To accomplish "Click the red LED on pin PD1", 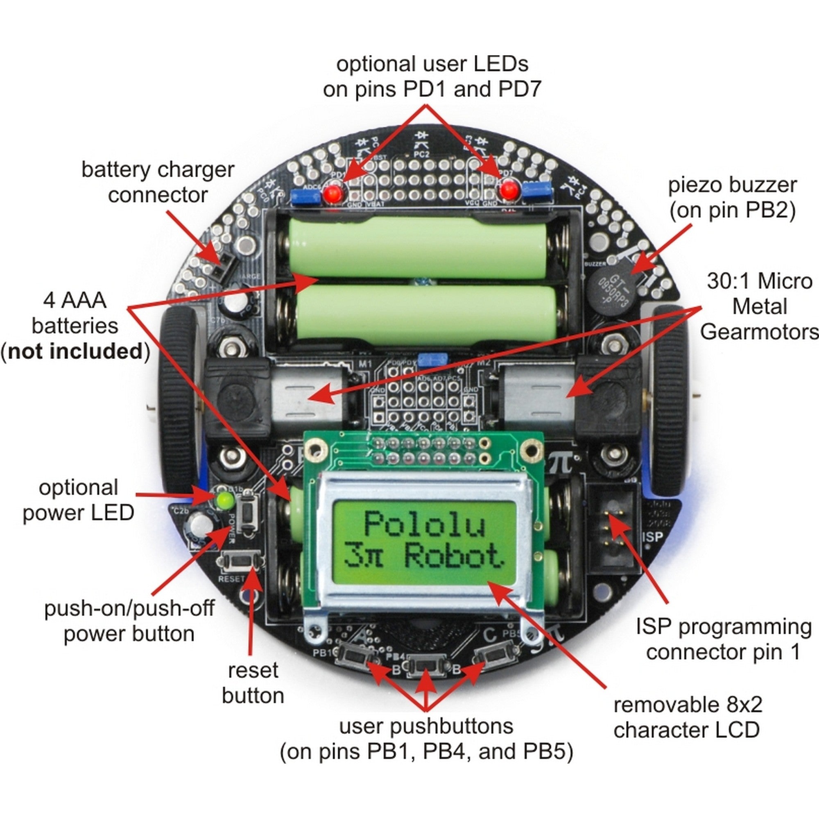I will point(334,194).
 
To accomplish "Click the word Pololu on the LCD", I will point(424,525).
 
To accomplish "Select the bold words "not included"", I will point(75,351).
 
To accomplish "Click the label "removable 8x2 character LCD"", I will point(687,718).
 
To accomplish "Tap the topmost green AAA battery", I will point(418,248).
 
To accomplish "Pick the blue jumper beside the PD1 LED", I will point(305,197).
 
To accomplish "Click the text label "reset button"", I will point(253,683).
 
